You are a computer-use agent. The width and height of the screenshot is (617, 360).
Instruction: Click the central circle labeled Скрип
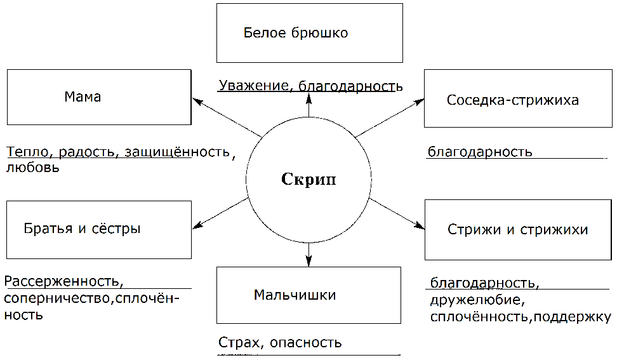(308, 180)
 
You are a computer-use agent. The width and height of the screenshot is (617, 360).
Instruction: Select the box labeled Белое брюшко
(308, 33)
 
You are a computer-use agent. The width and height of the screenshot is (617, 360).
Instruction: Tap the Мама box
(99, 97)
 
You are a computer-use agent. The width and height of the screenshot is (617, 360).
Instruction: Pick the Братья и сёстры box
(99, 229)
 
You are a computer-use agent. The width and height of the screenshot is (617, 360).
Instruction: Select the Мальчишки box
(308, 295)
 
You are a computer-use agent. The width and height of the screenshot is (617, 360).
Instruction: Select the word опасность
(305, 343)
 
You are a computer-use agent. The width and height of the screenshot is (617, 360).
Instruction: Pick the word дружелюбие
(475, 299)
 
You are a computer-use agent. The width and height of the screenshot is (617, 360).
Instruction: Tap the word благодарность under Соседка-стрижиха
(479, 152)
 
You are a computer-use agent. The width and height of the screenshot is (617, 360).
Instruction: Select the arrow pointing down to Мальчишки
(308, 254)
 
